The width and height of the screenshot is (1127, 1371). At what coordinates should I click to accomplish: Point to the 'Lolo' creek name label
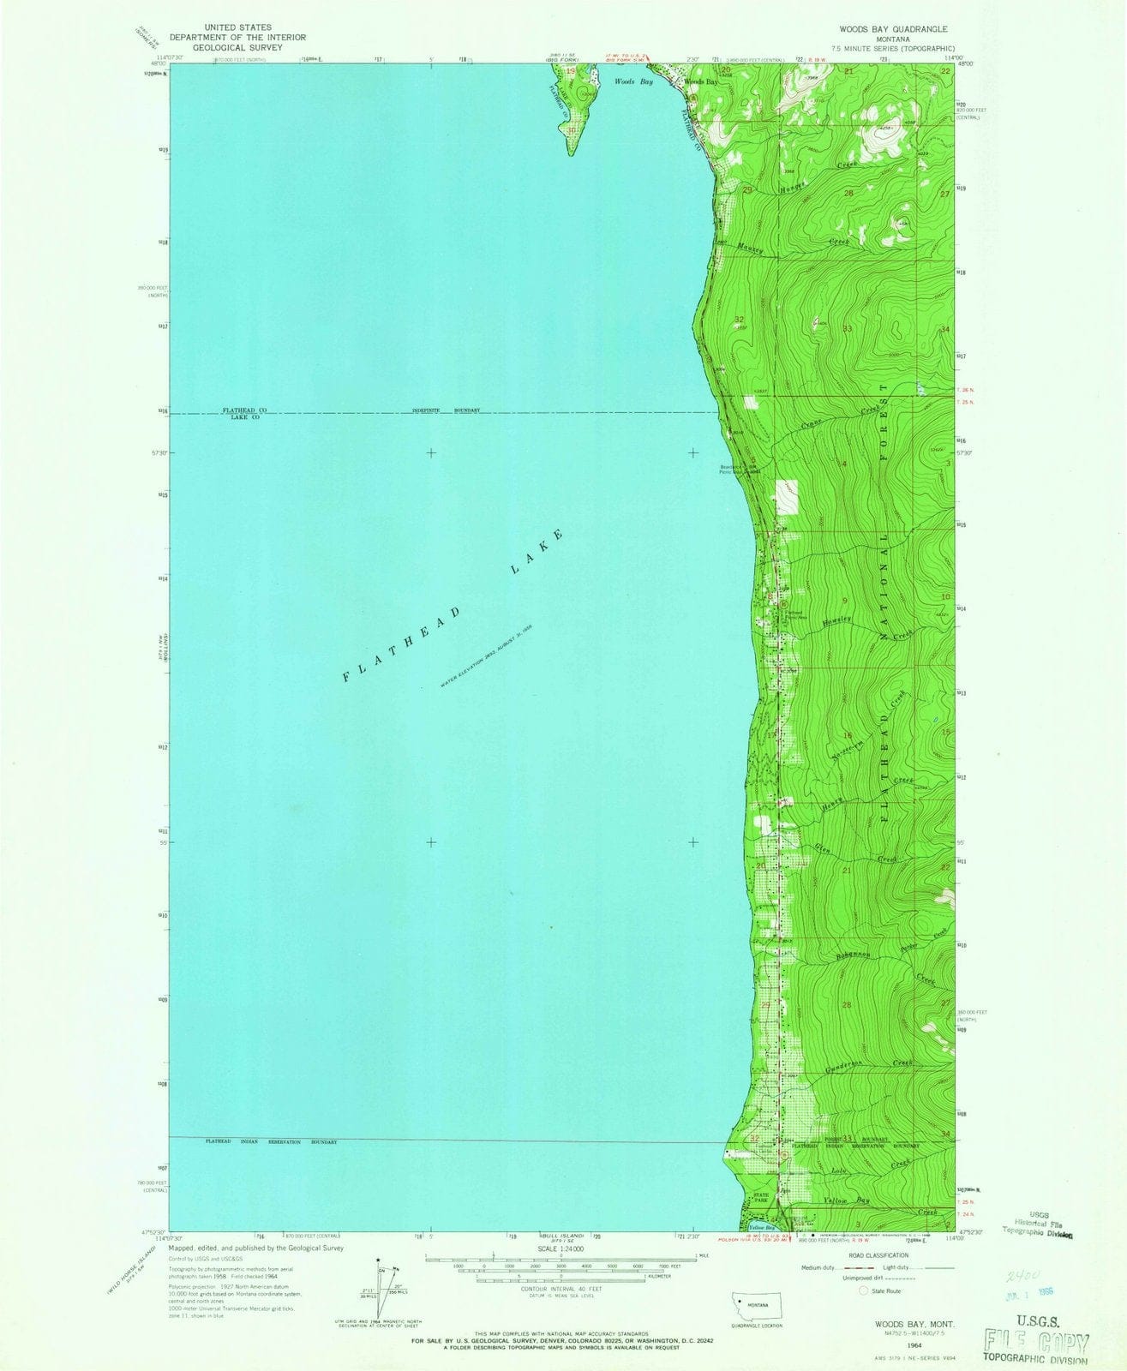[838, 1170]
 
